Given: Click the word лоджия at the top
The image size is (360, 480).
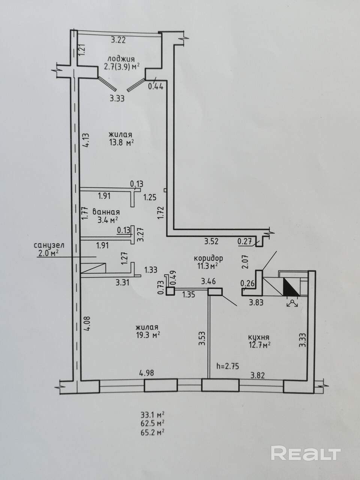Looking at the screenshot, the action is tap(121, 59).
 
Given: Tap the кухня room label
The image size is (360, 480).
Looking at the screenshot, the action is tap(258, 337).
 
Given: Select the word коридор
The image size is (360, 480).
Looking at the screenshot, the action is tap(208, 258).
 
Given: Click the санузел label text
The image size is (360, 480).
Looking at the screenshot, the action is tap(49, 245).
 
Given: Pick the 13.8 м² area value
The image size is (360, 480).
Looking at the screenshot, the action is tap(121, 143).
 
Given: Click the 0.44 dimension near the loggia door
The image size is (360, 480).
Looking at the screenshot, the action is tap(156, 87).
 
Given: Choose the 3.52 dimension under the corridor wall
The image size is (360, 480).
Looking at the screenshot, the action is tap(211, 241).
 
